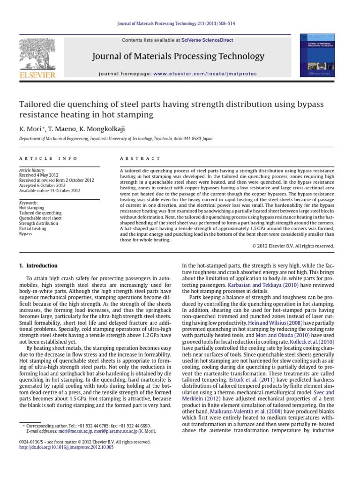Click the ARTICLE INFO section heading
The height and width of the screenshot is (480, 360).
coord(40,159)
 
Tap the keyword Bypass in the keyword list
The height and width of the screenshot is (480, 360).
coord(26,233)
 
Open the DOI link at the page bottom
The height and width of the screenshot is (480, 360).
coord(66,447)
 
